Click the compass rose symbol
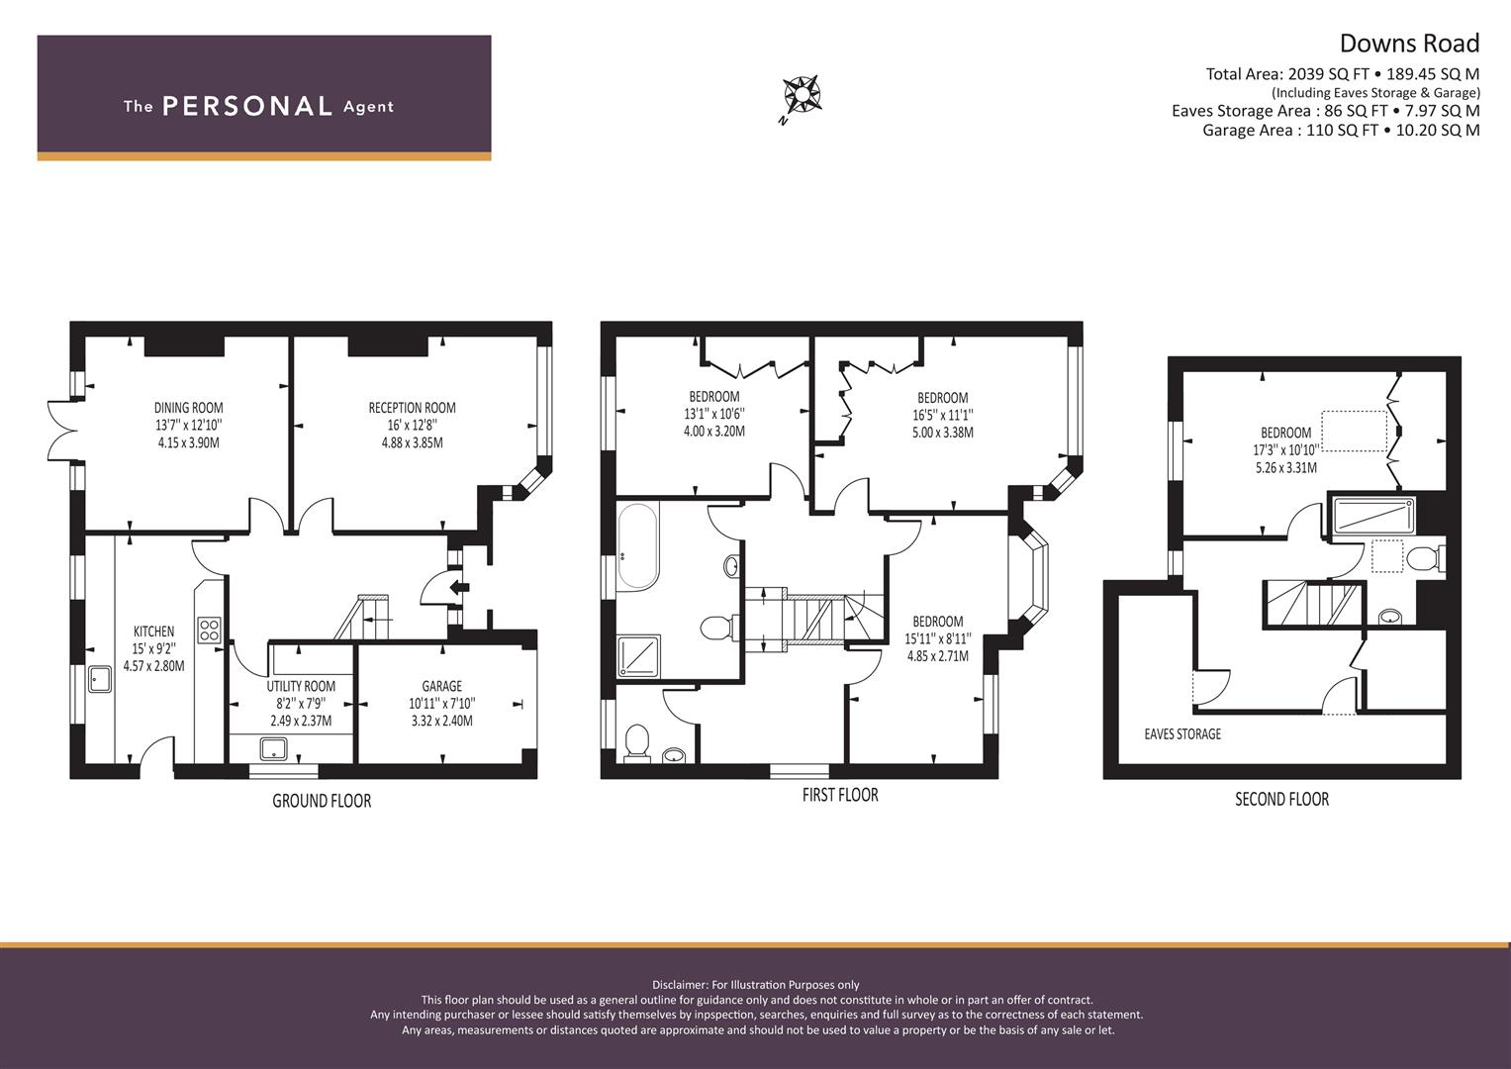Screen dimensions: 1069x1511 point(802,96)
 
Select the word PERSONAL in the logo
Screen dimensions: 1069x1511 point(246,107)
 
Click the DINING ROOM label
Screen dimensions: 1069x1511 point(188,408)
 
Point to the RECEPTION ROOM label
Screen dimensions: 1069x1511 point(412,408)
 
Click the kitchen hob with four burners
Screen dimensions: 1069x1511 point(210,631)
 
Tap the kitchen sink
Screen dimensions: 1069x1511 point(100,679)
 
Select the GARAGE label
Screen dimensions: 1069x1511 point(441,686)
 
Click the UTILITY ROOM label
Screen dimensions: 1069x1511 point(301,686)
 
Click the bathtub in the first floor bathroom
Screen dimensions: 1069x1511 point(636,548)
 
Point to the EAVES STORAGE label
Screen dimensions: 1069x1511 point(1181,734)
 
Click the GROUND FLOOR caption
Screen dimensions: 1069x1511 point(322,801)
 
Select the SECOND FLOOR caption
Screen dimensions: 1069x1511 point(1281,799)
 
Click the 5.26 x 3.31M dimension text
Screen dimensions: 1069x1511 point(1285,468)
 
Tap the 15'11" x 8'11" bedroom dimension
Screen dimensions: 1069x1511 point(937,639)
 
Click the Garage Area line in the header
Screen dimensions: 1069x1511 point(1341,130)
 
